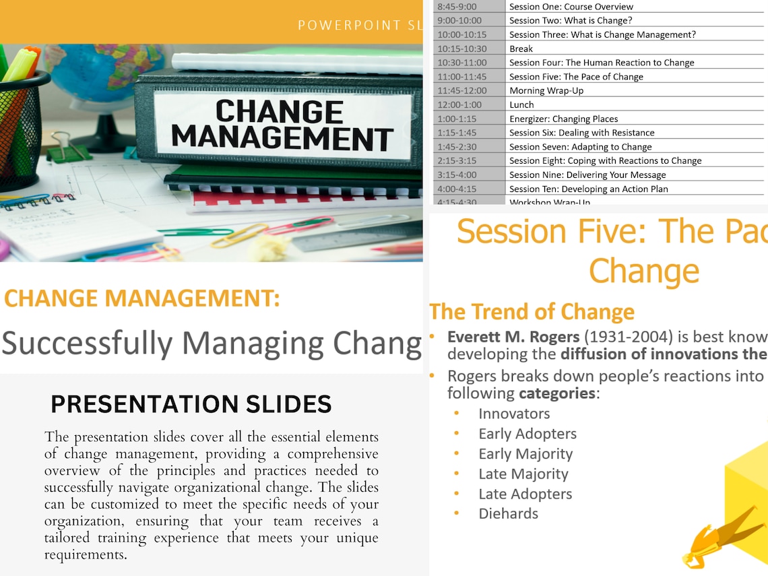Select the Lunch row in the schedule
tap(521, 104)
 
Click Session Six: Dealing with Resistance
tap(581, 133)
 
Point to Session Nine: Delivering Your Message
tap(587, 174)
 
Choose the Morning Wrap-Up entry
tap(546, 90)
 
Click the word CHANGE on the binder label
tap(280, 111)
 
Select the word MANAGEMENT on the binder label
tap(282, 138)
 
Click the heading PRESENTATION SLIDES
tap(191, 404)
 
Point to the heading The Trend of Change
tap(532, 312)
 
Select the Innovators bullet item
tap(514, 414)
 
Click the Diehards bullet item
tap(508, 513)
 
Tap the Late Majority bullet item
tap(523, 474)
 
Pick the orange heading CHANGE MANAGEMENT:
tap(142, 298)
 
